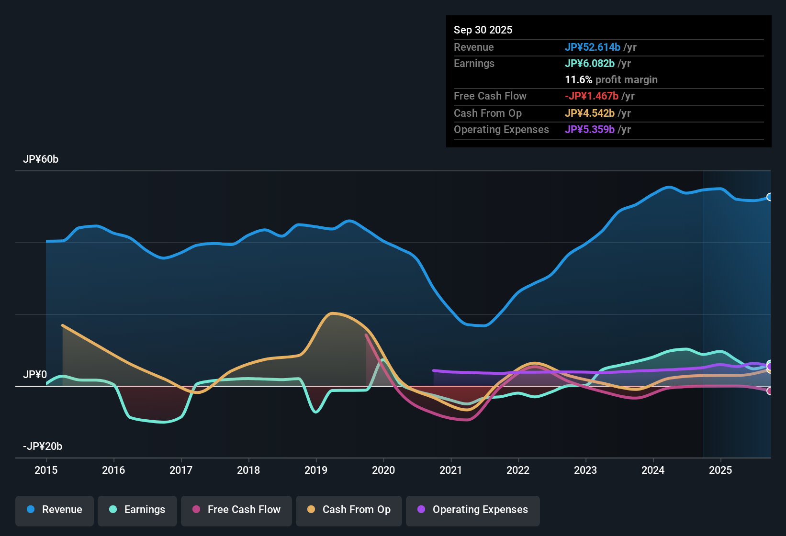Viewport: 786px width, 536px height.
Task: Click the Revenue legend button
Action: coord(55,510)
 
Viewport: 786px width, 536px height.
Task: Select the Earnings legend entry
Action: coord(137,510)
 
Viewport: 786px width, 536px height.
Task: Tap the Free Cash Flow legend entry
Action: coord(236,510)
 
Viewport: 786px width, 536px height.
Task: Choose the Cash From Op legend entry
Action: coord(349,510)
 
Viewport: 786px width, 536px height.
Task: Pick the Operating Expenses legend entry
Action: coord(473,510)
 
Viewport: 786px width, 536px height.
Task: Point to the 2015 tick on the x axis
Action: coord(46,470)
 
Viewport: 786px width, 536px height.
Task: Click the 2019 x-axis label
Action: coord(316,470)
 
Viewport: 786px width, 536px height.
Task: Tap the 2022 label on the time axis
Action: coord(518,470)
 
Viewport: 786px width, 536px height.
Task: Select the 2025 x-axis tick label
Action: coord(720,470)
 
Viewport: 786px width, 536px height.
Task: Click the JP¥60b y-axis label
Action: coord(41,159)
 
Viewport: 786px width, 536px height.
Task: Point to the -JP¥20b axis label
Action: coord(43,447)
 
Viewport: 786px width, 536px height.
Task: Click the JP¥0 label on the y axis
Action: coord(35,375)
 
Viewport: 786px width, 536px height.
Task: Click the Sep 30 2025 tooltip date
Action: coord(483,30)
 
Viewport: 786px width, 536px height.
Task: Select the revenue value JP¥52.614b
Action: coord(593,47)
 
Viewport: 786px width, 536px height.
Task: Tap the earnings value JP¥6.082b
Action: coord(590,64)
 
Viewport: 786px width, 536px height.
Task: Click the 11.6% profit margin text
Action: coord(611,80)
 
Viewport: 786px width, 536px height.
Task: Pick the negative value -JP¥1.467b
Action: coord(592,96)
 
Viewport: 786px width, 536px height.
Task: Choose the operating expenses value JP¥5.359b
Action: coord(590,130)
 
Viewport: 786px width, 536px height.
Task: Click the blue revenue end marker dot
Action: coord(769,197)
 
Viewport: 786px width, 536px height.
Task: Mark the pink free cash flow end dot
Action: coord(769,391)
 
